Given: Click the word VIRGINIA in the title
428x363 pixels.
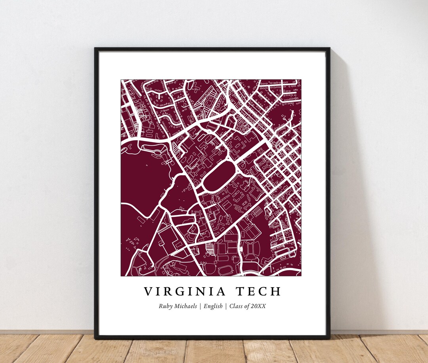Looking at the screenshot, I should click(185, 292).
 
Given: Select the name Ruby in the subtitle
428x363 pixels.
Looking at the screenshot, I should click(166, 306).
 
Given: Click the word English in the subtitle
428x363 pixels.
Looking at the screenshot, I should click(213, 306).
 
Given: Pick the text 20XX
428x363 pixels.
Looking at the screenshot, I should click(258, 306).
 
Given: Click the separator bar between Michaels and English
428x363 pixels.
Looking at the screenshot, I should click(201, 306).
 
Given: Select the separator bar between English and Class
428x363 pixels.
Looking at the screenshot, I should click(226, 306).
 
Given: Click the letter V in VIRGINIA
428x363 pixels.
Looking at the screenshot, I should click(148, 292).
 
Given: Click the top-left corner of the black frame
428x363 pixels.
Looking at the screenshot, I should click(95, 48).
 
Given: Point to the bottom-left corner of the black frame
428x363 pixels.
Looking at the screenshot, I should click(95, 338).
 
